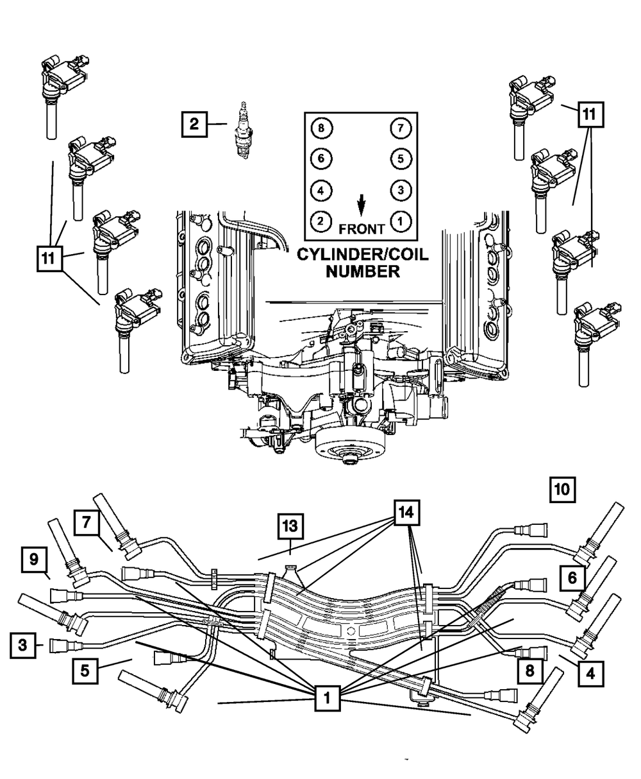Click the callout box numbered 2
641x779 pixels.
click(x=194, y=123)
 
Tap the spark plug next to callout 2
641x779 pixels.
click(x=243, y=131)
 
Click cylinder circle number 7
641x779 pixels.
click(x=400, y=128)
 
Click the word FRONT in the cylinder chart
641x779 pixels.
click(x=362, y=229)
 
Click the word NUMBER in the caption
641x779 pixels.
click(x=363, y=271)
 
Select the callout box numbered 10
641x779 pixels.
click(x=562, y=490)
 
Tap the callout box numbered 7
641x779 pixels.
click(x=87, y=523)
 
